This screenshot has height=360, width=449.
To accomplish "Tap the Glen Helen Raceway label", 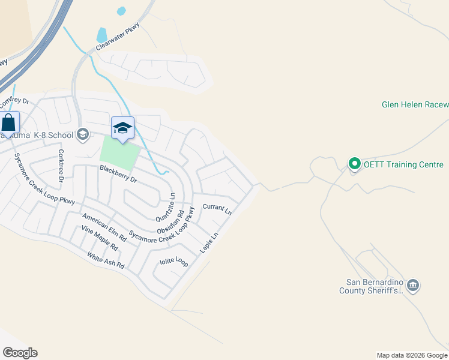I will (415, 105).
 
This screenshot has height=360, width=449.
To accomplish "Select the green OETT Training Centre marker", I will (354, 164).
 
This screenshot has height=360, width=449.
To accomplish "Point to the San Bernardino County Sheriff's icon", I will (413, 285).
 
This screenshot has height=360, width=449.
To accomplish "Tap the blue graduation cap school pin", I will (122, 128).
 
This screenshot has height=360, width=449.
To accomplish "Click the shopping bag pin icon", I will (9, 123).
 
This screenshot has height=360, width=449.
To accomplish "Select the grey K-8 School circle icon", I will (83, 134).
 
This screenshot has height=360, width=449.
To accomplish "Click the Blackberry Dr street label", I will (119, 175).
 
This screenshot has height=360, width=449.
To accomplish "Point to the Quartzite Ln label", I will (165, 206).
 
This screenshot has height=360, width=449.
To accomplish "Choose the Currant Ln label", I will (217, 209).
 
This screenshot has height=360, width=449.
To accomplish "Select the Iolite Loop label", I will (173, 262).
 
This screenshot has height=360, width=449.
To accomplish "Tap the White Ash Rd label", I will (106, 260).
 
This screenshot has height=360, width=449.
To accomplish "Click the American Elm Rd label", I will (104, 227).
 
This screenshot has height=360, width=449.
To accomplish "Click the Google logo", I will (20, 353).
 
